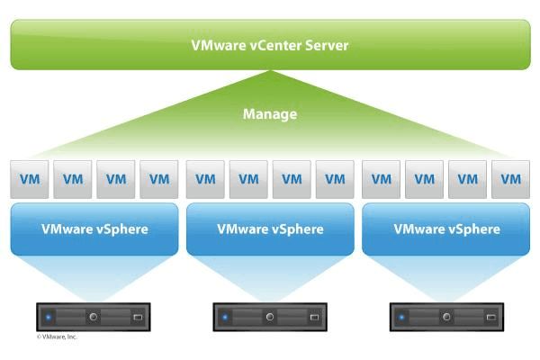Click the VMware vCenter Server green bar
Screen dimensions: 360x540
pos(270,45)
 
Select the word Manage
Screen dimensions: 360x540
pos(270,115)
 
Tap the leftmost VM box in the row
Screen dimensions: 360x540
pos(29,179)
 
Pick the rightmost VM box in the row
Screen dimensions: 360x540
pos(510,179)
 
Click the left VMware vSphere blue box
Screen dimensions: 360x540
pos(94,229)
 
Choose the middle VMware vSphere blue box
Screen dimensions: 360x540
pos(270,229)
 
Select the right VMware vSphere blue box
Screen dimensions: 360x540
pos(446,229)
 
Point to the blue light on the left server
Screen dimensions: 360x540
pos(49,317)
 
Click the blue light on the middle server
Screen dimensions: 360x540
pos(225,317)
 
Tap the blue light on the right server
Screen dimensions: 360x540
pos(401,317)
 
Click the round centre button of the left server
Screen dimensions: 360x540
pos(94,317)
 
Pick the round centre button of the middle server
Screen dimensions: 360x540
pos(269,317)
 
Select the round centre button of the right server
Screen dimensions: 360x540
pos(445,317)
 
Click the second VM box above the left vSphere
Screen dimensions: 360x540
pos(72,179)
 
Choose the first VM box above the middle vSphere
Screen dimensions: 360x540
pos(204,179)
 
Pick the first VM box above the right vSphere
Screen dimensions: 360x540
pos(381,179)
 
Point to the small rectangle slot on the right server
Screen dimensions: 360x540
pos(490,317)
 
